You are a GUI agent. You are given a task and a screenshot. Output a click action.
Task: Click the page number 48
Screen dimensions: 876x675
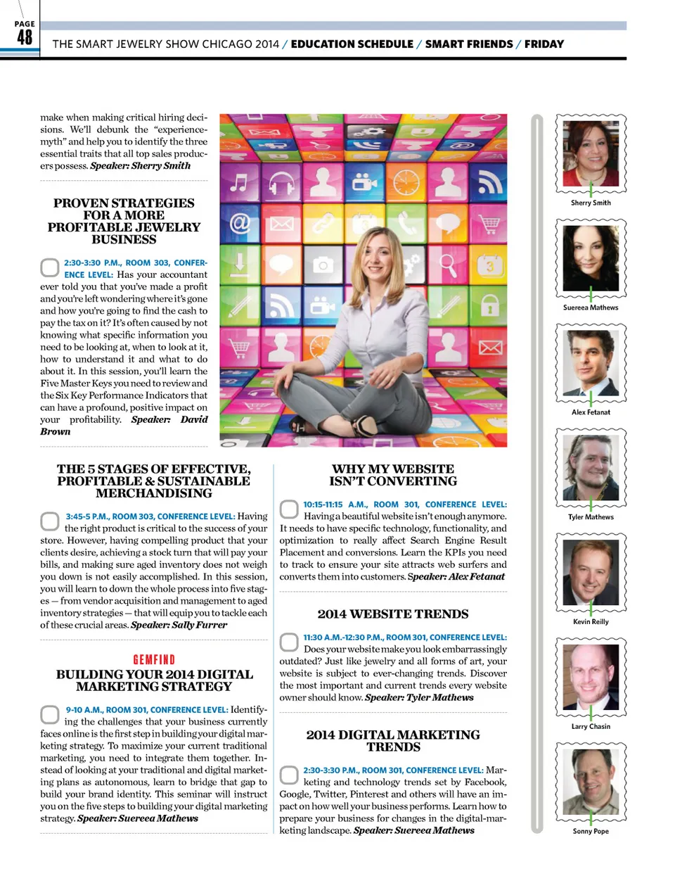point(25,37)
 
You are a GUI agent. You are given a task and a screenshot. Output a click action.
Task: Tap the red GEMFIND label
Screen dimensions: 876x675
point(154,659)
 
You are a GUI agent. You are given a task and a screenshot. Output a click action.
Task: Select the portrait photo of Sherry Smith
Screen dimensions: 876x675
point(591,153)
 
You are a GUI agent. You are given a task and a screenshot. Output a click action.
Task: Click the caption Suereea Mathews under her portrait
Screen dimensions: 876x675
point(591,307)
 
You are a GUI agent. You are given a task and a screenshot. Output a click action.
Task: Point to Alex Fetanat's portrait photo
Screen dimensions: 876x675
point(591,362)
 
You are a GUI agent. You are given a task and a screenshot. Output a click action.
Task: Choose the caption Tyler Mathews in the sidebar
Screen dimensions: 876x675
point(591,517)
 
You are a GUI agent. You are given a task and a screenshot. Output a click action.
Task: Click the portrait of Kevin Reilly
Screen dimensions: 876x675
point(591,572)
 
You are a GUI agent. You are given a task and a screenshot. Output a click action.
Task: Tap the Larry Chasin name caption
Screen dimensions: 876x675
point(591,726)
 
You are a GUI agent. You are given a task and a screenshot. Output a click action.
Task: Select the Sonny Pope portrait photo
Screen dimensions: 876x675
point(591,782)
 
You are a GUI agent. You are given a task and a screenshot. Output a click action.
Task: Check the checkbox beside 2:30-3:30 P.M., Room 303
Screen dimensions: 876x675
point(50,267)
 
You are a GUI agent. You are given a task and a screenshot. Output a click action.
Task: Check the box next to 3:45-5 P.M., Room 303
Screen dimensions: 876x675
point(50,521)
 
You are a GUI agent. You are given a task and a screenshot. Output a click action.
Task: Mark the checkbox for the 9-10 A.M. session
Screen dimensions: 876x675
point(50,715)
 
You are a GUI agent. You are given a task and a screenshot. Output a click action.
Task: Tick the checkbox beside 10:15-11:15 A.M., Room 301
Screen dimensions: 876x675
point(289,509)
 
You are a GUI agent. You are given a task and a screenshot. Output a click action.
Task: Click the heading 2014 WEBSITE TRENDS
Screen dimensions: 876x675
point(392,614)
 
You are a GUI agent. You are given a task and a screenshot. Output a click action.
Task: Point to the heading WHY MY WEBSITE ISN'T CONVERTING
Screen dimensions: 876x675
point(392,475)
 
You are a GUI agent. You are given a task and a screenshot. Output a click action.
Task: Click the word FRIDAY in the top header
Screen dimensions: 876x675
point(544,44)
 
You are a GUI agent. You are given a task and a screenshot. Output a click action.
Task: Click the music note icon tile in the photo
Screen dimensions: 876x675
point(239,184)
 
